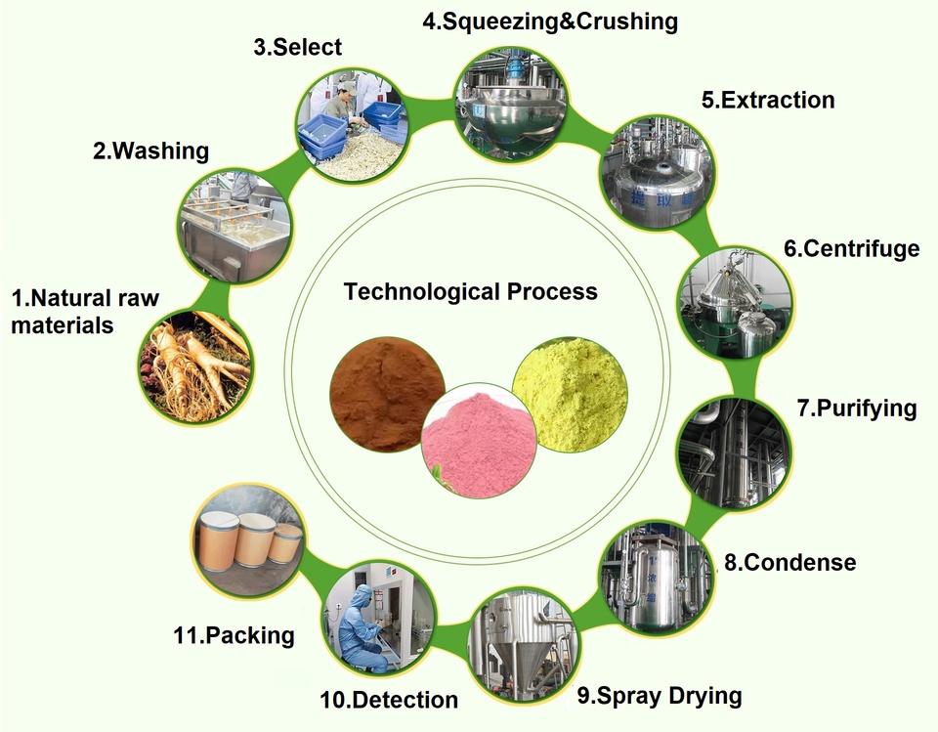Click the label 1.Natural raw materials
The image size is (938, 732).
point(85,311)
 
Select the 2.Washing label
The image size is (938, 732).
point(150,151)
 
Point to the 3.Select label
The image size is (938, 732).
point(298,47)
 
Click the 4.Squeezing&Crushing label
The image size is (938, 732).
point(549,20)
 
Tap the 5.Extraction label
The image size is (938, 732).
point(768,100)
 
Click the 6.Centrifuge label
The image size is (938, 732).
point(851,248)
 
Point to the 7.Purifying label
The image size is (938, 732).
point(857,408)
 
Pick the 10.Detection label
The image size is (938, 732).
point(389,700)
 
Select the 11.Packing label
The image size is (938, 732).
point(234,635)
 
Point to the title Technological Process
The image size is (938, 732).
point(470,290)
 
